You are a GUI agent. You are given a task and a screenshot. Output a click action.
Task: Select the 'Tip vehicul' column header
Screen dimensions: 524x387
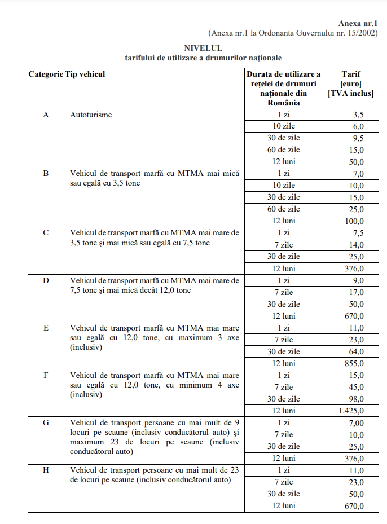tap(85, 74)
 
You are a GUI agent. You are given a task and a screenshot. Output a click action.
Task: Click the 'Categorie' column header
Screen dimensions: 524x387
tap(46, 74)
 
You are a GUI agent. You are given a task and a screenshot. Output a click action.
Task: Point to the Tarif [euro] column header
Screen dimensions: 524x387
tap(351, 83)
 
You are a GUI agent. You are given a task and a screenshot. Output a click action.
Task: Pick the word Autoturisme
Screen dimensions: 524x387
tap(91, 115)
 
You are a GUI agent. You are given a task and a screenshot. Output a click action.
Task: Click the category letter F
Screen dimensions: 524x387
tap(46, 375)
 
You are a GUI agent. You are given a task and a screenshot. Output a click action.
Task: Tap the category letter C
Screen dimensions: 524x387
tap(46, 233)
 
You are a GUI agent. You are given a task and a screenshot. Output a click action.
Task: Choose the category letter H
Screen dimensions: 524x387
tap(46, 470)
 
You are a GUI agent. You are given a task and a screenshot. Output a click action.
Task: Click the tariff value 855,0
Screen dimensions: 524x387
tap(354, 363)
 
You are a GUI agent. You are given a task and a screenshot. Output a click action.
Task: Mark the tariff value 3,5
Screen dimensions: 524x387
tap(358, 115)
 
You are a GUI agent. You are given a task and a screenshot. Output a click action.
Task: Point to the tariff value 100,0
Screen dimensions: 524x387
tap(354, 221)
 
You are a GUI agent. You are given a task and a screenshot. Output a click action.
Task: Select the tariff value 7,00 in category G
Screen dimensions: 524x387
tap(355, 422)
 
